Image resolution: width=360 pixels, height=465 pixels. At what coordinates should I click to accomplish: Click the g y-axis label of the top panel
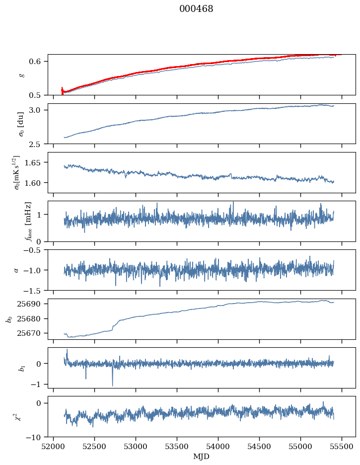tap(21, 75)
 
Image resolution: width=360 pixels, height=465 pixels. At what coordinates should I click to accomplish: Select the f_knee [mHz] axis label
tap(28, 222)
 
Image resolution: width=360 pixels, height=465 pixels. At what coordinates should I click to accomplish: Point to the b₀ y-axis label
tap(9, 319)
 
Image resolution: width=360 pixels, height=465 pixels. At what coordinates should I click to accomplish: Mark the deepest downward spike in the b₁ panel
tap(112, 386)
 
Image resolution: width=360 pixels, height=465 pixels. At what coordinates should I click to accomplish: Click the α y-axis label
tap(16, 270)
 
